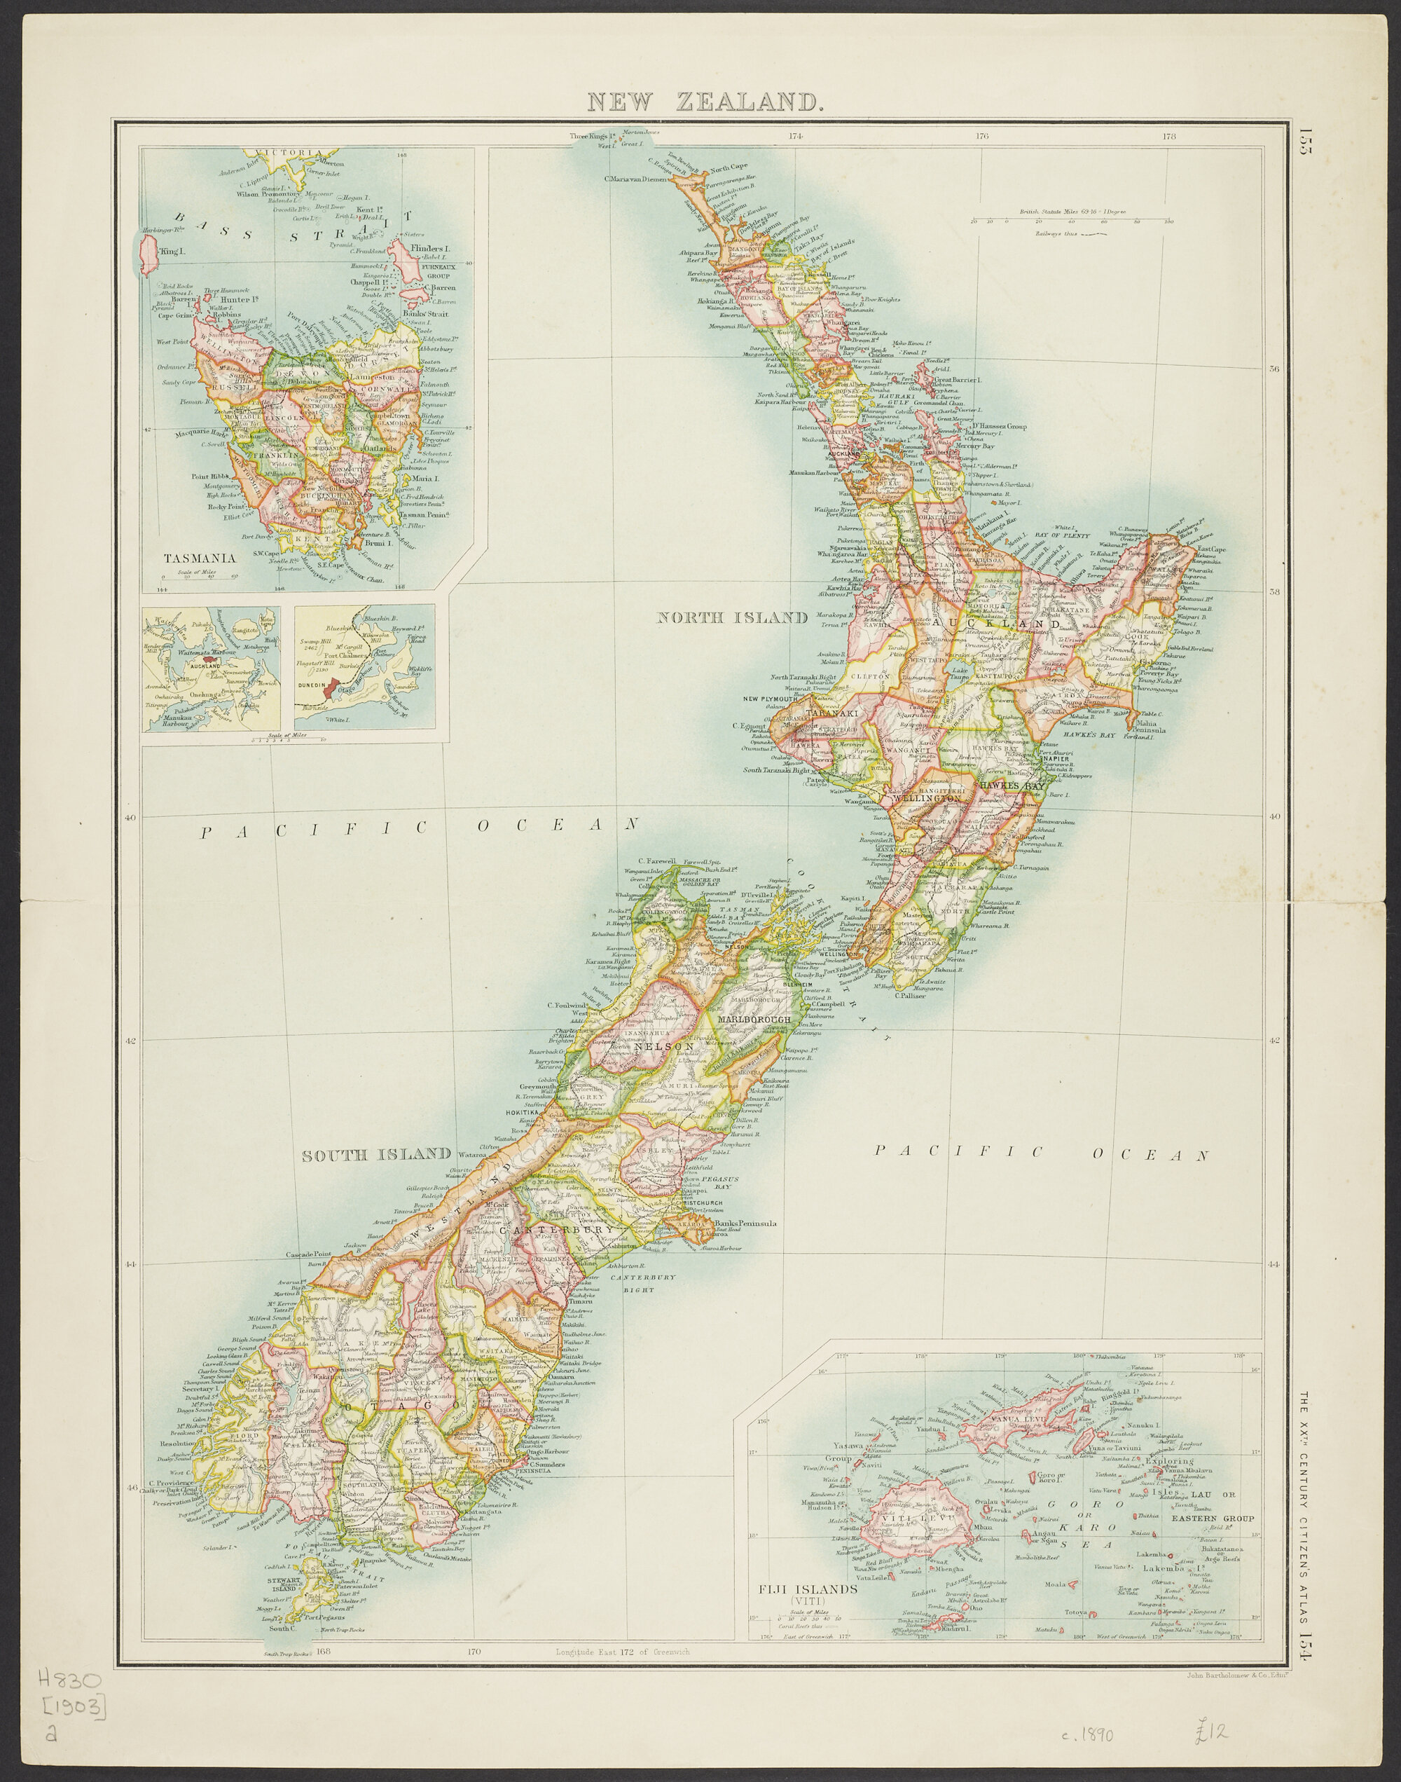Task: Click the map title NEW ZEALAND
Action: (x=705, y=102)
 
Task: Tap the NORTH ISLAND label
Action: (x=733, y=618)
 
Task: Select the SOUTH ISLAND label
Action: (x=376, y=1156)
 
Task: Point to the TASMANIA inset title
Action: (x=200, y=558)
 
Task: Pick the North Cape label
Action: (x=729, y=167)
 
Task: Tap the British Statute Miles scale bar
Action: (x=1070, y=220)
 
